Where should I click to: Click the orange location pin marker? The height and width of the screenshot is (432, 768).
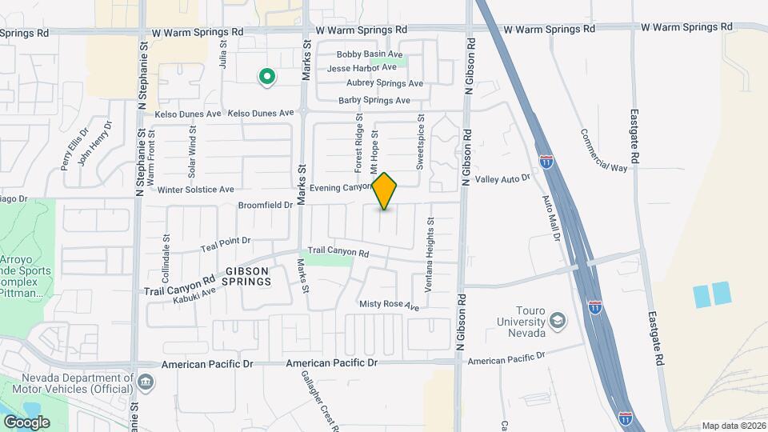385,190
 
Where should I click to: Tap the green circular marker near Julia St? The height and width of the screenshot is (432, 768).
266,77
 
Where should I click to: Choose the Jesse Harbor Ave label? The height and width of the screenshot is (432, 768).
362,68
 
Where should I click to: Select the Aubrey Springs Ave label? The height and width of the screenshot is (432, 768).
384,83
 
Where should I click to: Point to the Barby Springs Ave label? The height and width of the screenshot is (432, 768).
374,101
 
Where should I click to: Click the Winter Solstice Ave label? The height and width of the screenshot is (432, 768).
195,190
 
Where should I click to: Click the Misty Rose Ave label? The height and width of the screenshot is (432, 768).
389,305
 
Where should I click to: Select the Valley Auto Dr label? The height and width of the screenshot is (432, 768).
503,179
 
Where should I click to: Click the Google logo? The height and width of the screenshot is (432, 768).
26,422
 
